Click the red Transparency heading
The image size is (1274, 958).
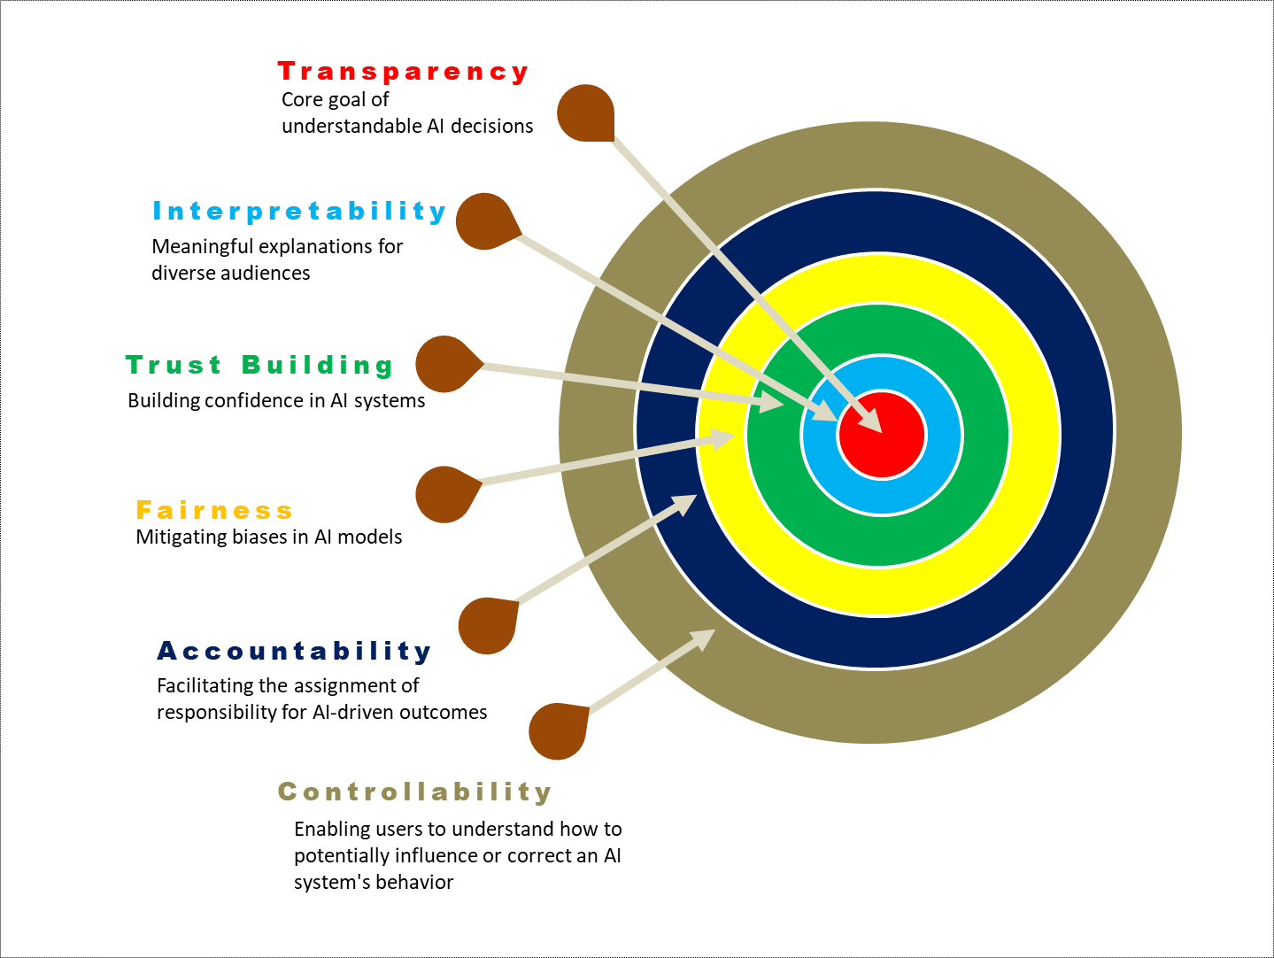[x=403, y=72]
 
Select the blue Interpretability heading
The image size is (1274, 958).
[x=299, y=212]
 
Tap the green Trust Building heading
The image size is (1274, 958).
[x=259, y=365]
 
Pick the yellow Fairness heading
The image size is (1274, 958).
[x=214, y=510]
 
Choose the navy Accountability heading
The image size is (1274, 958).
[x=294, y=652]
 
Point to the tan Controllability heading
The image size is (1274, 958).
[x=414, y=792]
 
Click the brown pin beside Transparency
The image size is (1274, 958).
[x=585, y=113]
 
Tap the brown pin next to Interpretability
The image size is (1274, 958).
[x=485, y=221]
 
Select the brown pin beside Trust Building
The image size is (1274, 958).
[x=445, y=364]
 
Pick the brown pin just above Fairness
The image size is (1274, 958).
[x=445, y=493]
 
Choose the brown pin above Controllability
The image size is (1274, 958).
[x=559, y=730]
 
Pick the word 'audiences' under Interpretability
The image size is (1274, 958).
[x=266, y=273]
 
